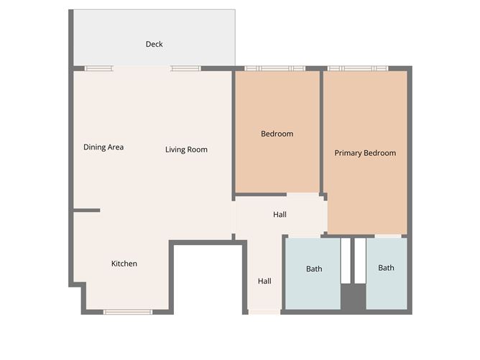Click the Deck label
154,45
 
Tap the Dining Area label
103,147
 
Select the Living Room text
186,149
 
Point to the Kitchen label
124,264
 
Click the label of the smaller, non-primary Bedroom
277,134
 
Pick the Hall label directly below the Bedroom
280,215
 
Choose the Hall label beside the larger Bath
264,281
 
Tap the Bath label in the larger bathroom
314,269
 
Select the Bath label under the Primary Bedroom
386,268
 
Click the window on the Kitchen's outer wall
128,312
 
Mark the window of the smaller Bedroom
274,68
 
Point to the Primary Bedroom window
357,68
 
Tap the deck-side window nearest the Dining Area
98,68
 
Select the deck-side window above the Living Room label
185,68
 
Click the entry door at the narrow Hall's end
264,312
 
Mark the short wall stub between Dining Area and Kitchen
87,211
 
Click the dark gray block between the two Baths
353,298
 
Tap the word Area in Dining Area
115,147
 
